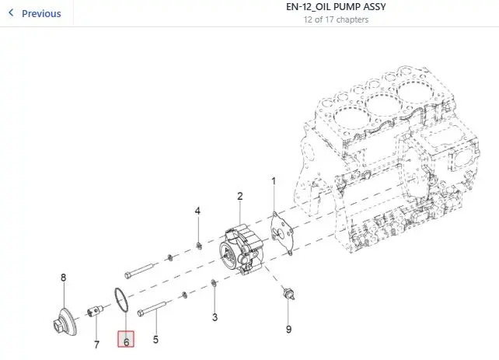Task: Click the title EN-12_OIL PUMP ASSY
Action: [x=336, y=7]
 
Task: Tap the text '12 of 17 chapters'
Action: [x=336, y=19]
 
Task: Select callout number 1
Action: [x=274, y=181]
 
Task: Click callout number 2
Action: [x=240, y=196]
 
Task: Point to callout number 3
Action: [x=215, y=317]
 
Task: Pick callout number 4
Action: [x=197, y=211]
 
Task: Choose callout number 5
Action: [x=155, y=340]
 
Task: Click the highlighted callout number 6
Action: [x=126, y=339]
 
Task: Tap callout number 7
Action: [x=96, y=344]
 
